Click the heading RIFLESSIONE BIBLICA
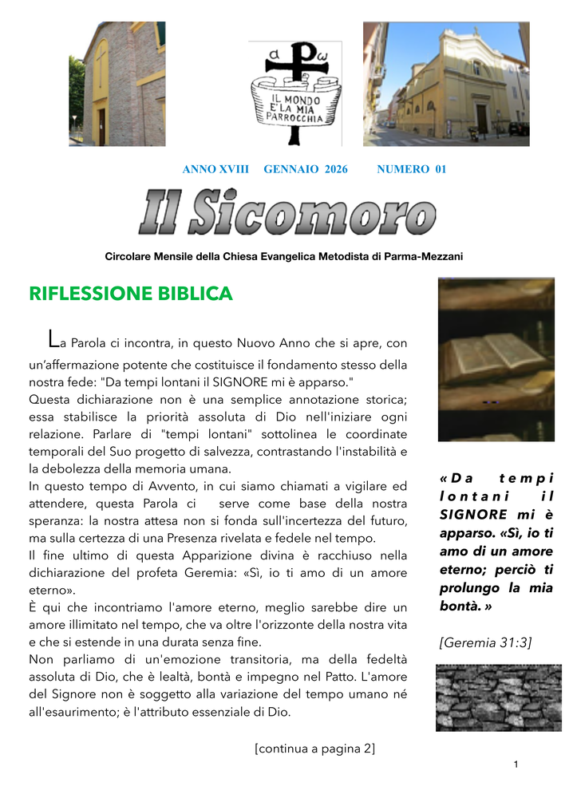[131, 294]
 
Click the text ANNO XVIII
[215, 169]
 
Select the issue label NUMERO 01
[411, 169]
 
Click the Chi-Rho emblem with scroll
[294, 93]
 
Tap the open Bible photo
[496, 359]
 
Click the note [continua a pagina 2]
[314, 749]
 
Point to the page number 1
[516, 765]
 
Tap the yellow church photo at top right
[446, 84]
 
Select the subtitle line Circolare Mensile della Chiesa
[284, 256]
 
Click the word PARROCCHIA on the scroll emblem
[294, 118]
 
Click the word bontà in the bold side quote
[459, 606]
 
